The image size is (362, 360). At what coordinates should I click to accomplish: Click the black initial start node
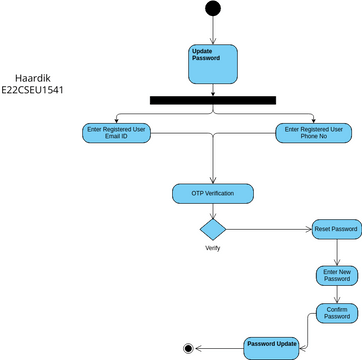pyautogui.click(x=213, y=9)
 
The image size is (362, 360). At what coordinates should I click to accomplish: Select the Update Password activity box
pyautogui.click(x=213, y=62)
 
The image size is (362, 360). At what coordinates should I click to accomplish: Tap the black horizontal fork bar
pyautogui.click(x=212, y=100)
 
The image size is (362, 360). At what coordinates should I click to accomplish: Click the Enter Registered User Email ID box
pyautogui.click(x=118, y=133)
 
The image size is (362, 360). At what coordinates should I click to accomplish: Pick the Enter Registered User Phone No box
pyautogui.click(x=313, y=133)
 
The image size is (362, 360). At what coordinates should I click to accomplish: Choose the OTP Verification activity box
pyautogui.click(x=213, y=192)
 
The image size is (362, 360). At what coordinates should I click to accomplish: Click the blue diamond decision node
pyautogui.click(x=213, y=228)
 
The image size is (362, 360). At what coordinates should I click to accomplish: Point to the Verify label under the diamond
pyautogui.click(x=212, y=248)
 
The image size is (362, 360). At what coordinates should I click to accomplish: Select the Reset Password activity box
pyautogui.click(x=336, y=229)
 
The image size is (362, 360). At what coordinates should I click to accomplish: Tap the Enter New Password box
pyautogui.click(x=336, y=275)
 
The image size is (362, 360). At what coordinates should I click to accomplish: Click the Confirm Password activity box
pyautogui.click(x=336, y=312)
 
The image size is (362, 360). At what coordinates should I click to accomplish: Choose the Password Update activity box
pyautogui.click(x=272, y=347)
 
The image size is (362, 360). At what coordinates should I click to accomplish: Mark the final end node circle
pyautogui.click(x=187, y=347)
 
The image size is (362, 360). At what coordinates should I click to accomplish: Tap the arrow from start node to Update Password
pyautogui.click(x=213, y=29)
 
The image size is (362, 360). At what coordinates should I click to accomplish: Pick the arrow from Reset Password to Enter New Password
pyautogui.click(x=336, y=252)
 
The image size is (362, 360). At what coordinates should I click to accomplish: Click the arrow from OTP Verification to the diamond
pyautogui.click(x=213, y=207)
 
